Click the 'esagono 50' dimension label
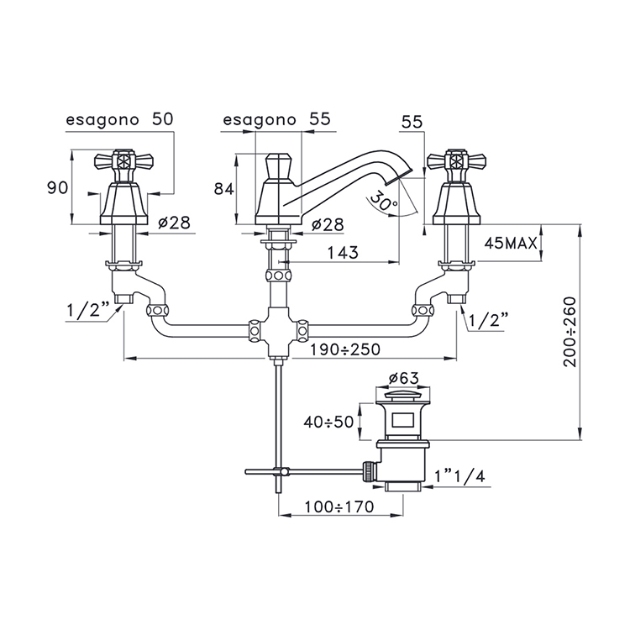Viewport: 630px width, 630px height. pos(119,119)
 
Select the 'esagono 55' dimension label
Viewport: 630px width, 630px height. pos(276,119)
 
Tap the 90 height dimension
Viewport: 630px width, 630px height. pos(57,187)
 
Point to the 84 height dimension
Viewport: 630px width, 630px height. pos(223,188)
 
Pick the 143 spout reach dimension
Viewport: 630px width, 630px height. pos(343,253)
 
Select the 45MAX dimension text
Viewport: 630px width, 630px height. pos(510,243)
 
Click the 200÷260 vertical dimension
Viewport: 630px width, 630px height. pos(570,332)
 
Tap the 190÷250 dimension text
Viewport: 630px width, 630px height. pos(345,349)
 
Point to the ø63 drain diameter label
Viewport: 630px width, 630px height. pos(403,378)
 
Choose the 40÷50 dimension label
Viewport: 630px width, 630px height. pos(328,422)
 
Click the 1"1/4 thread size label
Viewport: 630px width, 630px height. pos(460,476)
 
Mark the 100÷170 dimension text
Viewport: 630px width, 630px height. pos(339,507)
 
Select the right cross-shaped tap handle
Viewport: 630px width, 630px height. pos(456,162)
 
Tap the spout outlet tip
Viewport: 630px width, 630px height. pos(399,176)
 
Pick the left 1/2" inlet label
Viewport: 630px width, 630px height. pos(88,310)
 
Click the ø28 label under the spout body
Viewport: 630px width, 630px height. pos(328,225)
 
